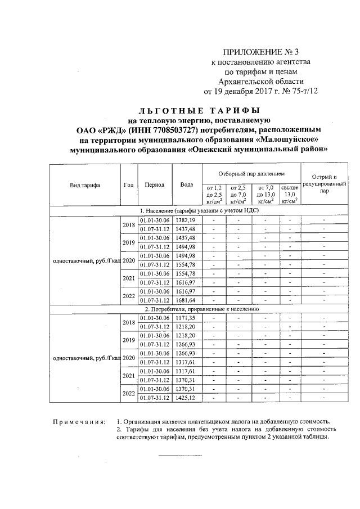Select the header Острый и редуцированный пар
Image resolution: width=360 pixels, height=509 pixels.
[323, 184]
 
